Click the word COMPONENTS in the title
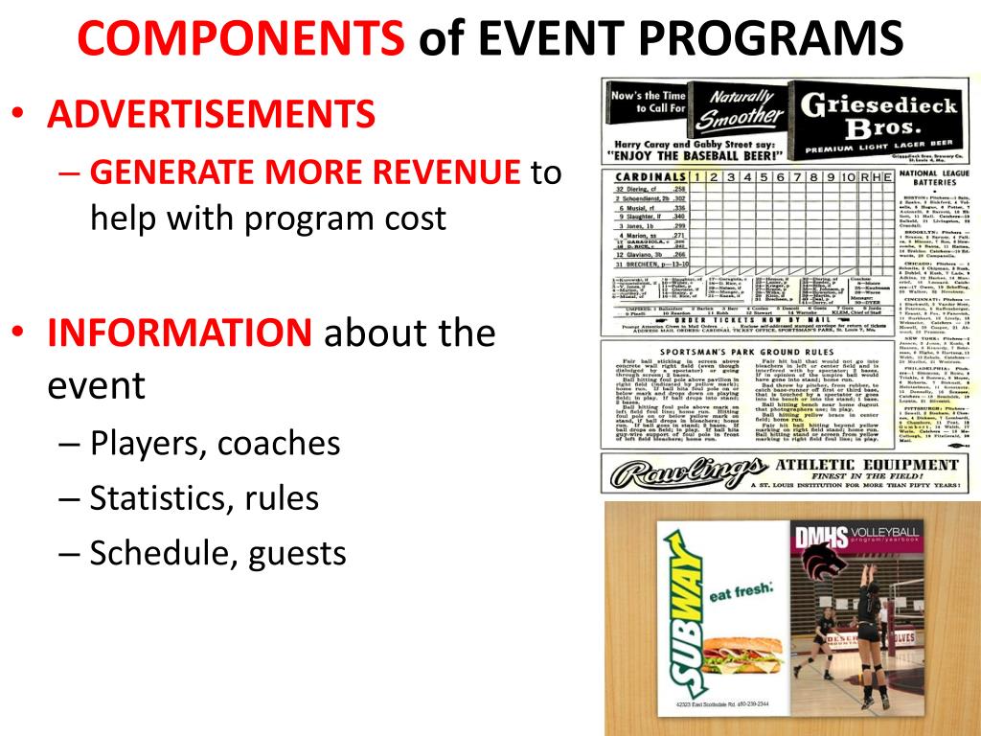(240, 38)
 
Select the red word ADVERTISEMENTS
(212, 115)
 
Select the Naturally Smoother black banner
(741, 108)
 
